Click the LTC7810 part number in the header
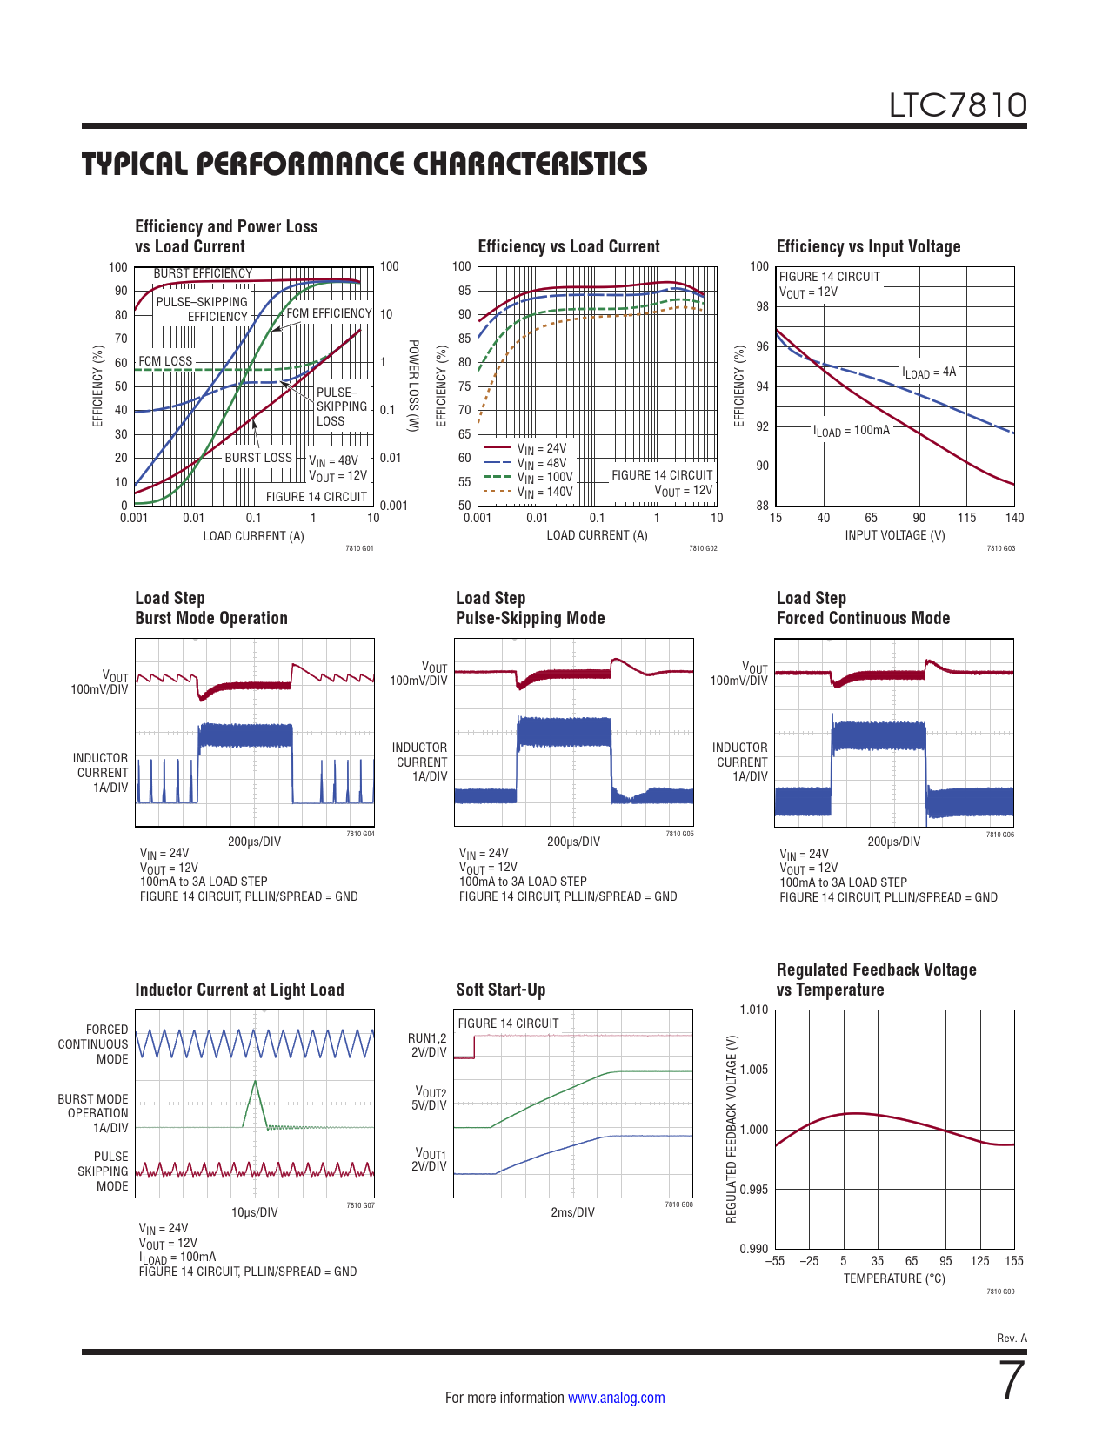pos(958,105)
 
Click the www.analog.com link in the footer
pos(616,1398)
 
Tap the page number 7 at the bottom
pos(1012,1380)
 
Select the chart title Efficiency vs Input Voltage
pos(868,246)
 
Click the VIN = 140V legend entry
pos(544,492)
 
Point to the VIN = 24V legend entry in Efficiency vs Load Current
pos(541,449)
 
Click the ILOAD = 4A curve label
pos(929,372)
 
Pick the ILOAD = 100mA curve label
pos(852,431)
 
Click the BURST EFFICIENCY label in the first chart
pos(203,273)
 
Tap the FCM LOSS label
pos(165,361)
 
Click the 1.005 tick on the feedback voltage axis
pos(754,1070)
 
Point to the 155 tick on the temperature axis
pos(1013,1261)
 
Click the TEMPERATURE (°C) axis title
pos(893,1278)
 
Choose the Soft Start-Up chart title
pos(500,990)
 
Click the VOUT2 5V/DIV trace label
pos(431,1098)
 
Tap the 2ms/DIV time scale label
pos(572,1212)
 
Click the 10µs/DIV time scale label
pos(254,1212)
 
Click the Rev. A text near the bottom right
pos(1012,1338)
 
